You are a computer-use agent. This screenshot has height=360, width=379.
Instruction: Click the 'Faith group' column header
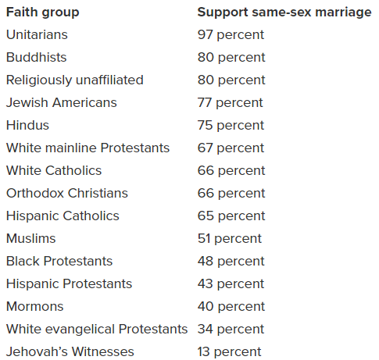point(42,12)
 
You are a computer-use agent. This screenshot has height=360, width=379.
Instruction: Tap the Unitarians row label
point(37,35)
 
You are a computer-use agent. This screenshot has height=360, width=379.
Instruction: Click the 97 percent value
point(231,35)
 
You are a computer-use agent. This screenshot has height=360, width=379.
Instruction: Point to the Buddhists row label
point(36,58)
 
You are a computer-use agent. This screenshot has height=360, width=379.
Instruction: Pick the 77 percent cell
point(231,103)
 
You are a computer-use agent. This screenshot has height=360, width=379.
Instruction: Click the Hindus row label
point(27,126)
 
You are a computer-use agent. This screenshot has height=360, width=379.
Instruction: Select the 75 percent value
point(231,126)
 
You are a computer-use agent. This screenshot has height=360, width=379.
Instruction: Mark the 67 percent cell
point(231,148)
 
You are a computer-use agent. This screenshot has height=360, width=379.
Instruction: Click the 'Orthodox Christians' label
point(66,194)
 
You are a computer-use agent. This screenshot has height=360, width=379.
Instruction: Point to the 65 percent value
point(231,216)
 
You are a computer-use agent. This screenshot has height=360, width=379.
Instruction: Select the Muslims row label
point(30,239)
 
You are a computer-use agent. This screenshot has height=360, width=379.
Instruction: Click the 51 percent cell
point(230,239)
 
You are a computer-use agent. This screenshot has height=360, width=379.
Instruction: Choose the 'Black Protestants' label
point(59,262)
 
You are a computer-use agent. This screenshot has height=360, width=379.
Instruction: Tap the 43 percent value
point(231,284)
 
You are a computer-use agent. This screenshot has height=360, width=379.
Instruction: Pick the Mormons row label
point(34,307)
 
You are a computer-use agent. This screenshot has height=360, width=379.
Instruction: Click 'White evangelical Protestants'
point(96,330)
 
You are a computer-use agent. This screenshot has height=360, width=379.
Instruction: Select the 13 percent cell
point(230,352)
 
